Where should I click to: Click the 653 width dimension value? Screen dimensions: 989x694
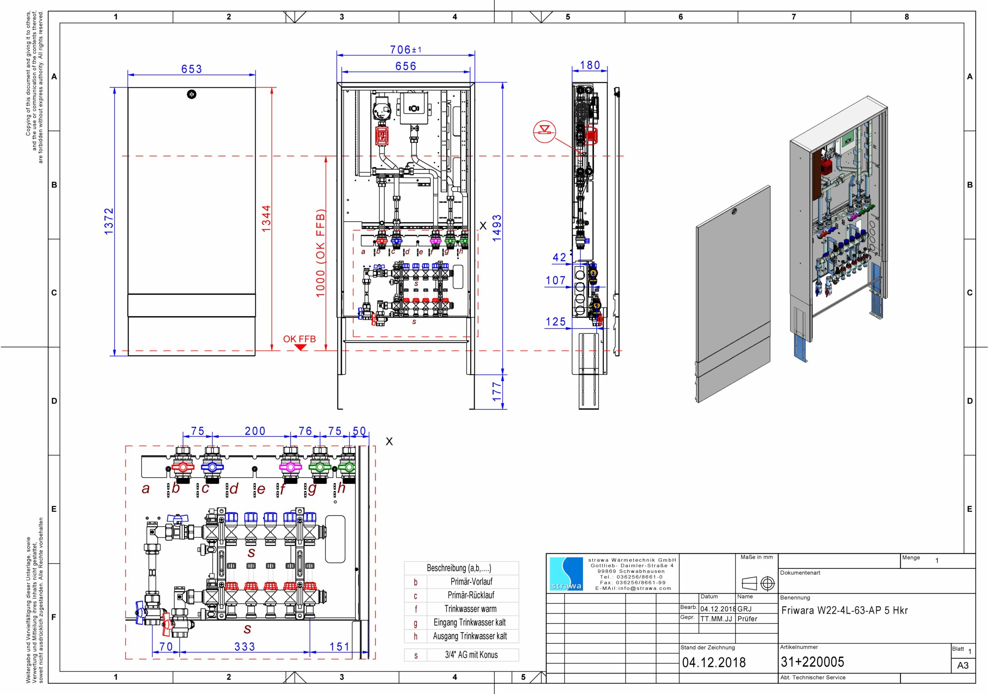coord(191,69)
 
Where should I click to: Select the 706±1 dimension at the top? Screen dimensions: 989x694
coord(406,49)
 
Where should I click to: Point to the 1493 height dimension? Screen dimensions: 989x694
coord(497,228)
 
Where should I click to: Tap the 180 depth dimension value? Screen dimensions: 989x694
coord(590,65)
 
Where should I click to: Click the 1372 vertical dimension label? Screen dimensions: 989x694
coord(109,221)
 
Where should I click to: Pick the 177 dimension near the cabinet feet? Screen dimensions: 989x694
coord(497,391)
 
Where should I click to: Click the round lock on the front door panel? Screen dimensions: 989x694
coord(192,94)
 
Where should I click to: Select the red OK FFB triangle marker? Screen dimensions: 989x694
coord(300,346)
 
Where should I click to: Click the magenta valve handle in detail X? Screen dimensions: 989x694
coord(290,467)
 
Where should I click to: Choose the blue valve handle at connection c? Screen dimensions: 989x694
coord(212,467)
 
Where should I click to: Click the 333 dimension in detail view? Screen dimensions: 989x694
coord(245,646)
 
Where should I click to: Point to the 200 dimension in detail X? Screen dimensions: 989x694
coord(255,431)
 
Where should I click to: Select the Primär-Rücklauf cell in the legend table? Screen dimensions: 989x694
coord(471,595)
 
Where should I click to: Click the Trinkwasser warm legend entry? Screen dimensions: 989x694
coord(471,609)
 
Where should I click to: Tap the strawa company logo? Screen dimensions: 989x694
coord(566,574)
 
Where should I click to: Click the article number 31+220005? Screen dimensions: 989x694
coord(812,662)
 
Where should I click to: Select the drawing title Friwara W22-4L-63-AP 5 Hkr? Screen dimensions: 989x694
coord(845,610)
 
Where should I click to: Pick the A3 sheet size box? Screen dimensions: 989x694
coord(963,665)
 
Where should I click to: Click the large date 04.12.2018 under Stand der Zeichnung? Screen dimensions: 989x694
coord(714,662)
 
